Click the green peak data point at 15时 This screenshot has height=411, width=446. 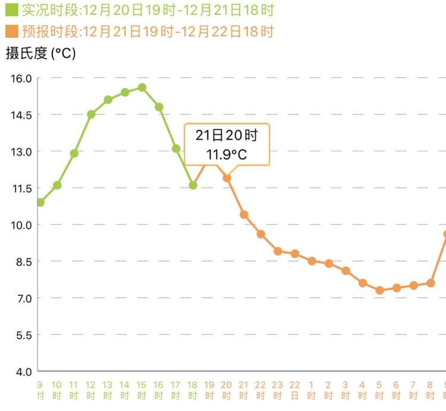(x=142, y=88)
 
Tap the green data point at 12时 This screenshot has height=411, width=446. (x=91, y=114)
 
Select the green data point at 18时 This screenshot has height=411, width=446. (x=193, y=185)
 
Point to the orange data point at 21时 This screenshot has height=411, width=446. (x=244, y=214)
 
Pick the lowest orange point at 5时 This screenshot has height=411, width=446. (x=379, y=290)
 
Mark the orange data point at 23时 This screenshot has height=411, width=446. (x=278, y=251)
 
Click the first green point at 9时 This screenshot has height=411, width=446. (x=40, y=203)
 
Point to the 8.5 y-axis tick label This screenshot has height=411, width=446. (x=24, y=261)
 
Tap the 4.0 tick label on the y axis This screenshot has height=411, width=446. (x=24, y=372)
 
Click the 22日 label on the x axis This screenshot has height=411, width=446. (x=295, y=390)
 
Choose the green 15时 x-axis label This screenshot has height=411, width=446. (x=142, y=390)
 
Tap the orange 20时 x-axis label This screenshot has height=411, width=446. (x=227, y=390)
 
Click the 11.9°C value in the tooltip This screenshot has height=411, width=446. (x=227, y=155)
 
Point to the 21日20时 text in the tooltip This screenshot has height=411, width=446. (x=227, y=136)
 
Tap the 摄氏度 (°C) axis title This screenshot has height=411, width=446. (x=40, y=54)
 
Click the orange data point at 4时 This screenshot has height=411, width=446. (x=363, y=283)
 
